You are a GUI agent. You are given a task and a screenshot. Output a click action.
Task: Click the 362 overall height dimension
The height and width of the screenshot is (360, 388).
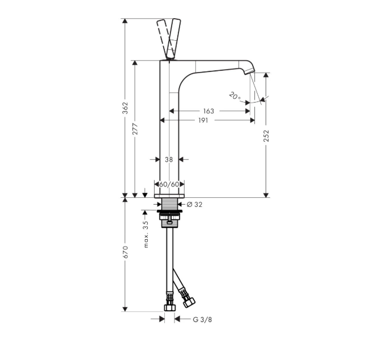(x=126, y=108)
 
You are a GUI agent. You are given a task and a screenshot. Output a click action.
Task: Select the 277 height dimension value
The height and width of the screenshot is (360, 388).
(x=135, y=129)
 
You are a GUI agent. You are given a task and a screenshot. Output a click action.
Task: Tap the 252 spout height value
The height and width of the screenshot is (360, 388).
(x=266, y=135)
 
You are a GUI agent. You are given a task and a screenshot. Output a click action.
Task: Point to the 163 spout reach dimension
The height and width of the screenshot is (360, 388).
(x=208, y=111)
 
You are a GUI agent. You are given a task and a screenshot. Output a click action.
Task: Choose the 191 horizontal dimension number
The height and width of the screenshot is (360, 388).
(x=203, y=120)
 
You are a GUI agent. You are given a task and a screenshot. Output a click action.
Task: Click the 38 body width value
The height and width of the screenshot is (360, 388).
(x=169, y=160)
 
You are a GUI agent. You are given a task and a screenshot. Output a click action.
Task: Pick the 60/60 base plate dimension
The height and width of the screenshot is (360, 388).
(x=169, y=184)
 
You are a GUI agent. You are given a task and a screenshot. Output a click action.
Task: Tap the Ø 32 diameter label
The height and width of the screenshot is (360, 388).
(x=194, y=205)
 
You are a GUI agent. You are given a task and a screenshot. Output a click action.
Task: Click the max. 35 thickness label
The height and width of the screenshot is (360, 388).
(x=146, y=235)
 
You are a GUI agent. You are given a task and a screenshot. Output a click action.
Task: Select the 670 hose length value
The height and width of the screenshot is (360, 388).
(x=126, y=252)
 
